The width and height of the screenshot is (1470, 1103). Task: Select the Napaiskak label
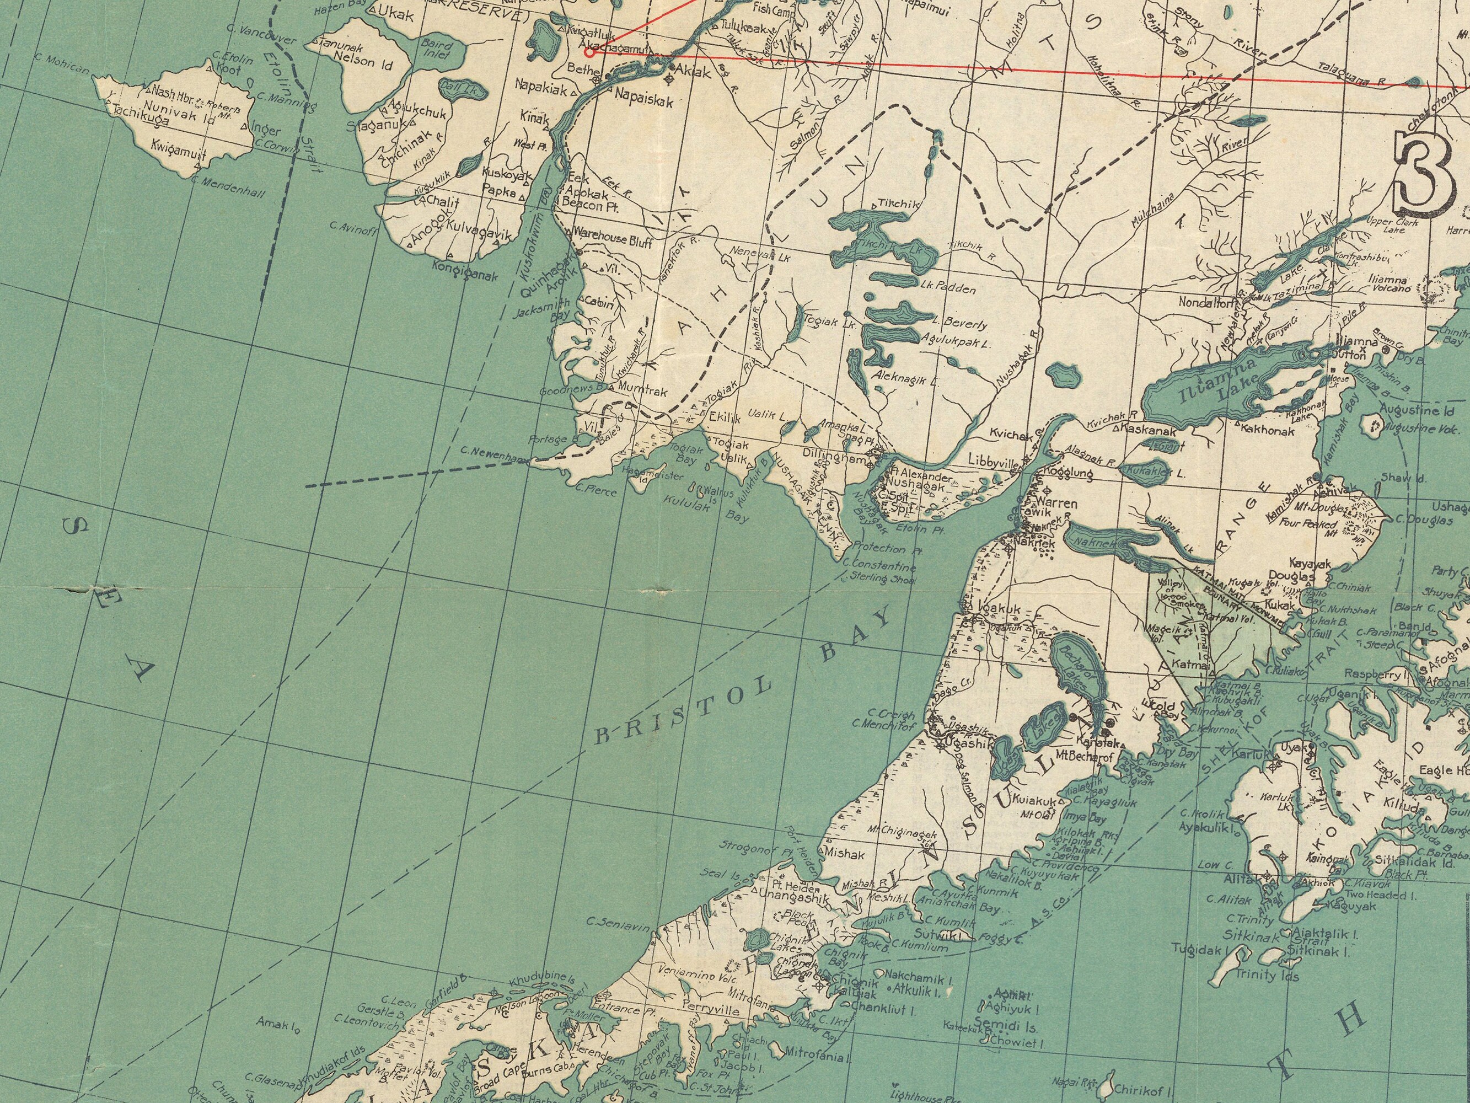tap(644, 101)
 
